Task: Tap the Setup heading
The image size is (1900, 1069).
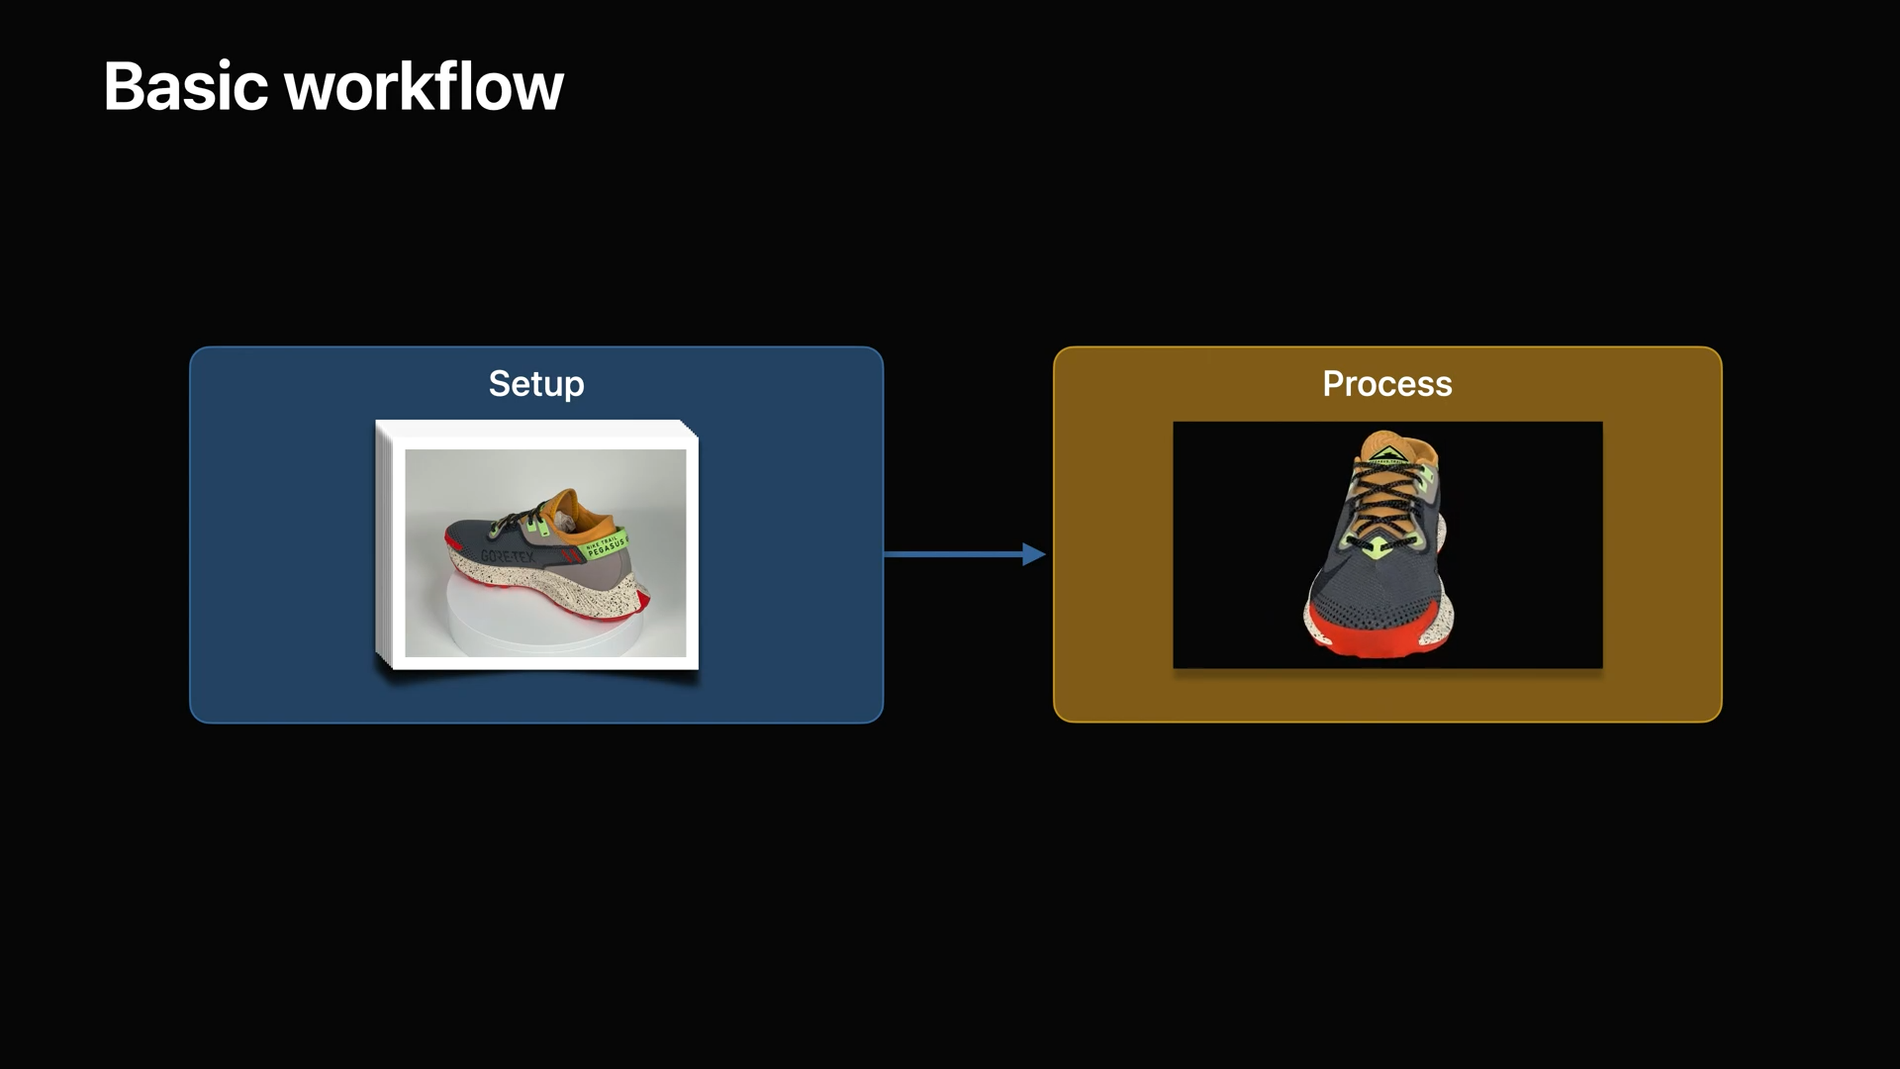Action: click(x=536, y=384)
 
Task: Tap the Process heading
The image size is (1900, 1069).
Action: click(x=1386, y=384)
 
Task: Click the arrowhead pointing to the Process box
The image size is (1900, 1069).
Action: click(x=1033, y=554)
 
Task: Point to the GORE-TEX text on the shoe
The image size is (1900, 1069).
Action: click(x=507, y=556)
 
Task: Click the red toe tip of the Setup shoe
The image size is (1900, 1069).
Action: click(x=451, y=543)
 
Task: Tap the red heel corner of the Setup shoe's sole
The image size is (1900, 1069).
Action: click(x=641, y=599)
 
